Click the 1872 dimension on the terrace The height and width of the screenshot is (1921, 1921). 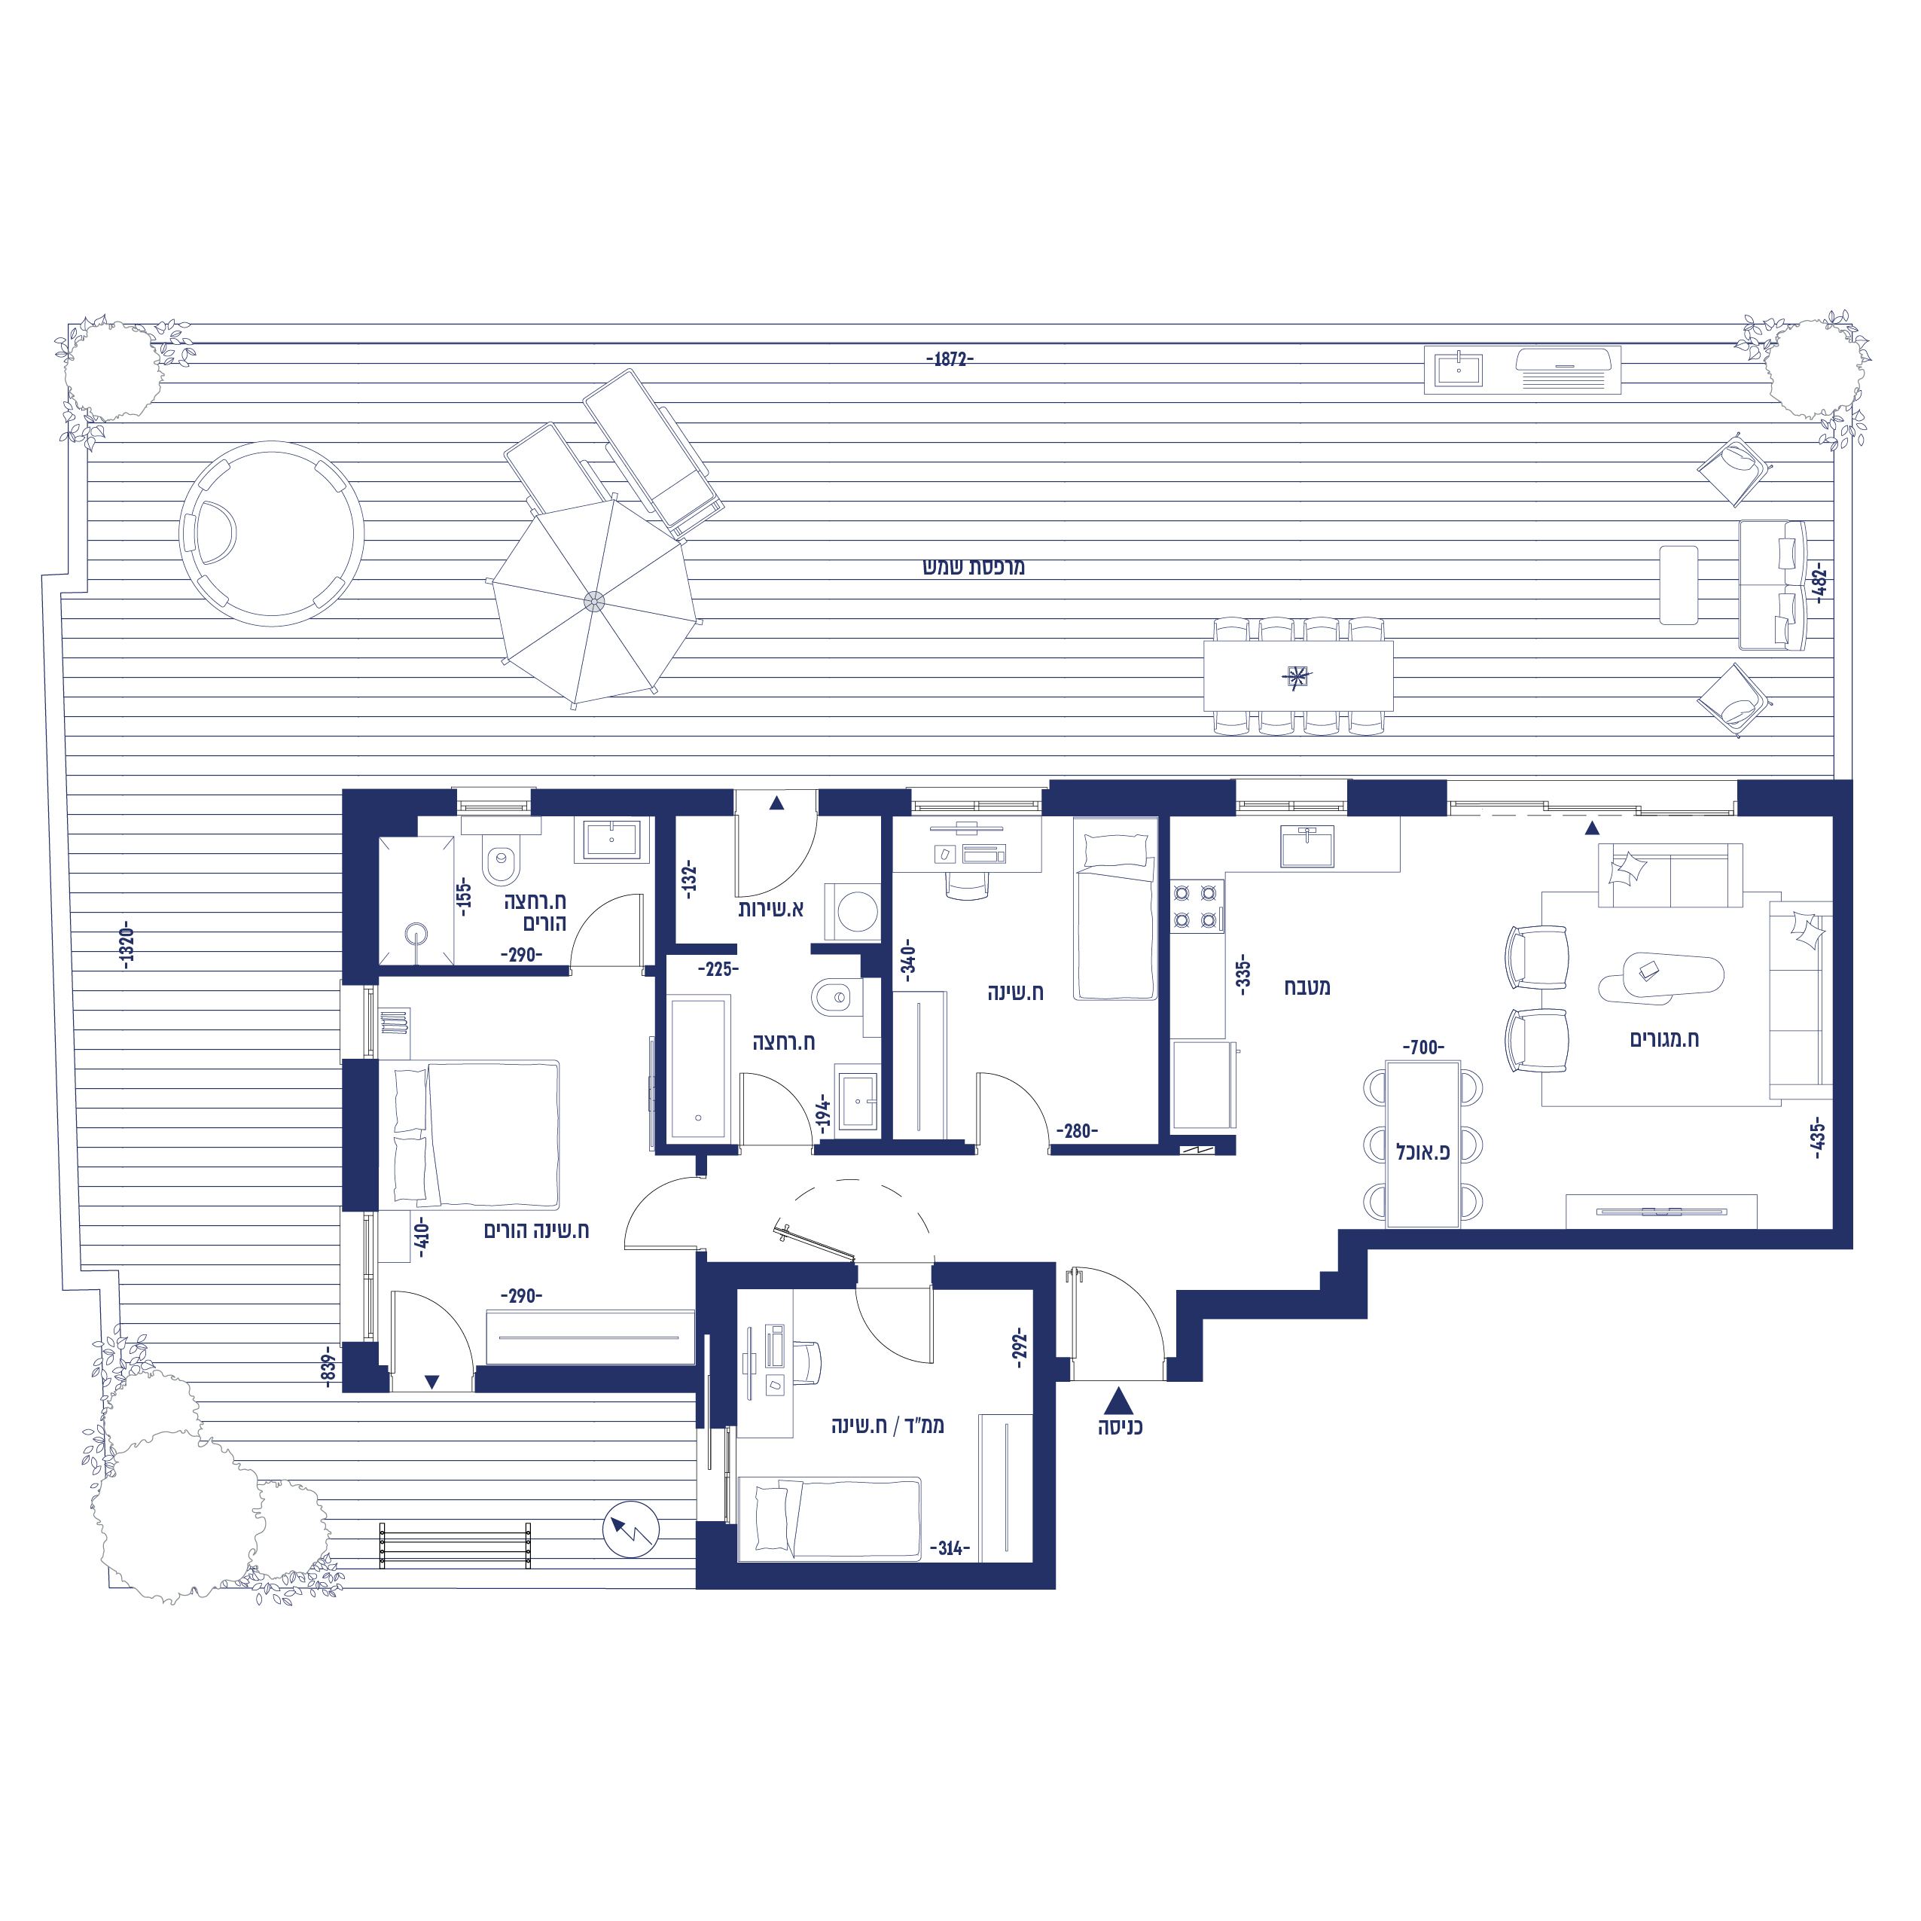click(950, 359)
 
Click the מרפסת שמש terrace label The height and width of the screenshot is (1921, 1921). click(974, 567)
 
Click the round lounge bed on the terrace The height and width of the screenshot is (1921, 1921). click(271, 534)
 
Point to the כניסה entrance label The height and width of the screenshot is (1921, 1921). click(1120, 1427)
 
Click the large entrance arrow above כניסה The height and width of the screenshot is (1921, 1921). click(1118, 1401)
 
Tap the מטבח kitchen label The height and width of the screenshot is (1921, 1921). click(1307, 986)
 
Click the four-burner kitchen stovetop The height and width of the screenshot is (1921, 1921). click(1196, 907)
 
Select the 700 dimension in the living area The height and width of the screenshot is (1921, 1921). click(1424, 1047)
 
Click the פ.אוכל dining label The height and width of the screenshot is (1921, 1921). click(1422, 1151)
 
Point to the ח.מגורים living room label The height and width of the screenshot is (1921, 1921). click(1663, 1039)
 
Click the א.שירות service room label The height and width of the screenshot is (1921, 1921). click(770, 909)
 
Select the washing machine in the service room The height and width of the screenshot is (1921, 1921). click(852, 910)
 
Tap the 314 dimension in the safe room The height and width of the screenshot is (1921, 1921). click(950, 1548)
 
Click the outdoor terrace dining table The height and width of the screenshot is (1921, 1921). click(1297, 676)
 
